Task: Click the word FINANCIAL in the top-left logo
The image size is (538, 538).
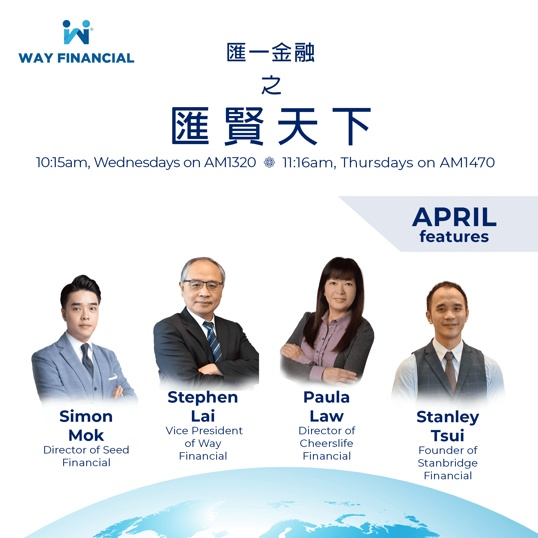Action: pyautogui.click(x=96, y=58)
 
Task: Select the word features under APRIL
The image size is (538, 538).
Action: pyautogui.click(x=454, y=237)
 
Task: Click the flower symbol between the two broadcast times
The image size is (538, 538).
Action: pyautogui.click(x=269, y=162)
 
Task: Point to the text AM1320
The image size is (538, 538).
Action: pyautogui.click(x=230, y=162)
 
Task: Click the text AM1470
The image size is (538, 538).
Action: pyautogui.click(x=467, y=162)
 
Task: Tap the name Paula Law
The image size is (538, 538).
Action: pyautogui.click(x=327, y=407)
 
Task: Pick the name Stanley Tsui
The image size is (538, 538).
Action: pyautogui.click(x=448, y=426)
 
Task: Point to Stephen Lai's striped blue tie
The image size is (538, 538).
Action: pyautogui.click(x=213, y=341)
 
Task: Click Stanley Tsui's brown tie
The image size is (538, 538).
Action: pyautogui.click(x=450, y=370)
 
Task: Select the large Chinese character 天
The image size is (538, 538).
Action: pyautogui.click(x=298, y=127)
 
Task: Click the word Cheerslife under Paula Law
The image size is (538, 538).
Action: pyautogui.click(x=326, y=443)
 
